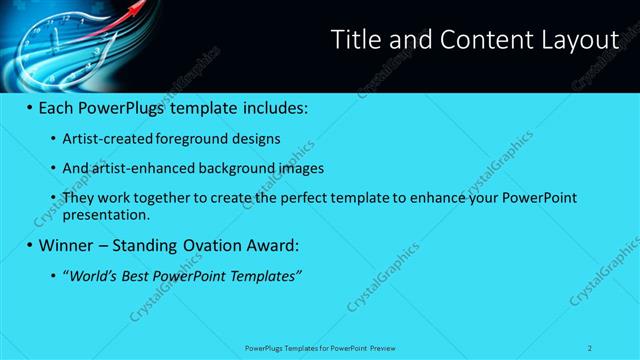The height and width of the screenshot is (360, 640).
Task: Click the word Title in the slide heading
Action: [x=354, y=40]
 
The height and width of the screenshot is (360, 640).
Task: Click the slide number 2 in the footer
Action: [x=591, y=348]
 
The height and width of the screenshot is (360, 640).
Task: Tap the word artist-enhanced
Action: [x=139, y=168]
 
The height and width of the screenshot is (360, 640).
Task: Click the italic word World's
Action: [x=91, y=275]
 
